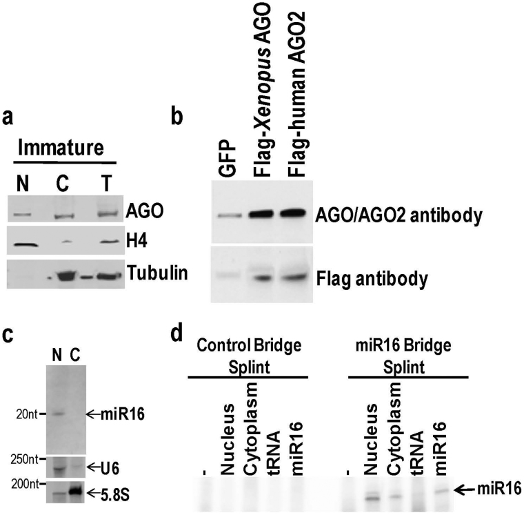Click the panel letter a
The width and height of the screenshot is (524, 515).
[x=8, y=119]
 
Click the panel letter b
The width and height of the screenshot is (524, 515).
[x=177, y=117]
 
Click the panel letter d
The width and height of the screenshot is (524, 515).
[x=177, y=333]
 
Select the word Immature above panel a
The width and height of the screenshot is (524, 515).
[x=61, y=148]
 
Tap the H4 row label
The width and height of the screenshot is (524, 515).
[x=137, y=240]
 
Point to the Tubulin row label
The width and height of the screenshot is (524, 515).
[x=157, y=273]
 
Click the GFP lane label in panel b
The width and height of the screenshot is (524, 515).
[x=228, y=157]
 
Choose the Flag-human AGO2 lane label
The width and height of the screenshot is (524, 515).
[x=296, y=94]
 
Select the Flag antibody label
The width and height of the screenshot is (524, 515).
[x=372, y=279]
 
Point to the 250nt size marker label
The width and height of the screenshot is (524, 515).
[x=24, y=460]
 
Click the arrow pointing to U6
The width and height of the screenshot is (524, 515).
[x=93, y=467]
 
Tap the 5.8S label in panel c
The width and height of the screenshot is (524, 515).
[x=114, y=496]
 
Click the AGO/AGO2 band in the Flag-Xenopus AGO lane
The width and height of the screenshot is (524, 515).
[x=266, y=213]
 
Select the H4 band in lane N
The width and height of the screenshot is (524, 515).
[x=23, y=244]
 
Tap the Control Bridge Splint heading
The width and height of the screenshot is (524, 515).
[x=249, y=356]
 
